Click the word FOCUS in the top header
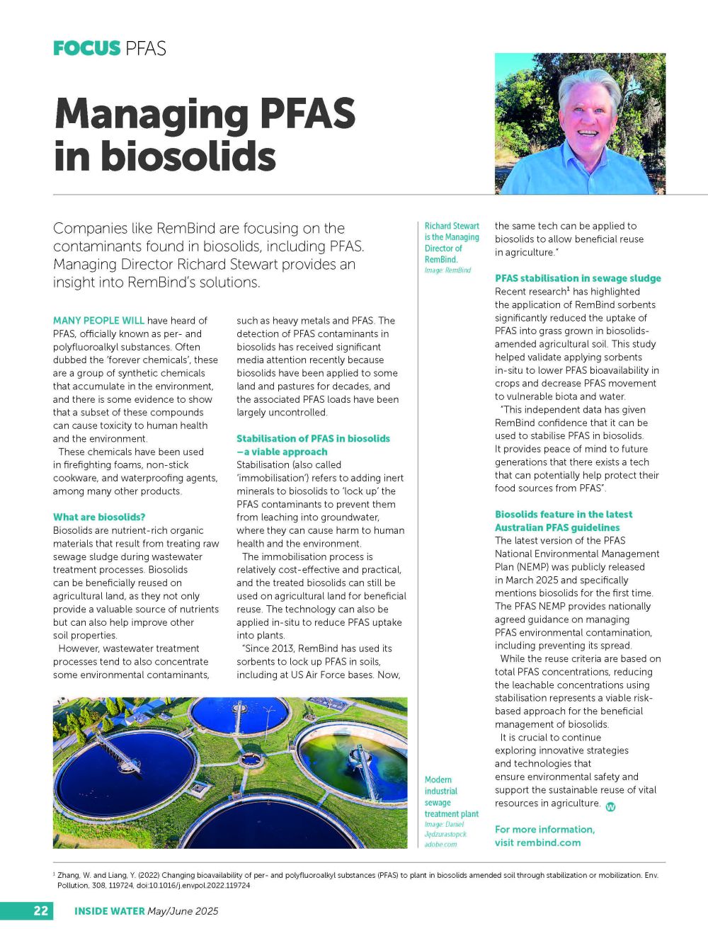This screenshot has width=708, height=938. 86,48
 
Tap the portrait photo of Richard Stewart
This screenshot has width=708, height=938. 580,124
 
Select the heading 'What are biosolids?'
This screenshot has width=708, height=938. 99,517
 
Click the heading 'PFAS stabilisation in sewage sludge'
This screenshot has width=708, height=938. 578,278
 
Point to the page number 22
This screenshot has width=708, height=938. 41,910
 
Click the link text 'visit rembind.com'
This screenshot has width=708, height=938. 537,842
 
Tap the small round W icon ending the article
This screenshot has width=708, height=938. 611,806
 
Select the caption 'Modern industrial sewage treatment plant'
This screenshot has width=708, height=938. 451,796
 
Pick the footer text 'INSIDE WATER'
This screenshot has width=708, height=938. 110,911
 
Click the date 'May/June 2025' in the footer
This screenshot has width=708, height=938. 183,911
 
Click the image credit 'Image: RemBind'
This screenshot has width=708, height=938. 447,270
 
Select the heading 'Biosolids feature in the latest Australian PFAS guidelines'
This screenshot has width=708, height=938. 564,521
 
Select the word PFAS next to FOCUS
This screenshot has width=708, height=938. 145,48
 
